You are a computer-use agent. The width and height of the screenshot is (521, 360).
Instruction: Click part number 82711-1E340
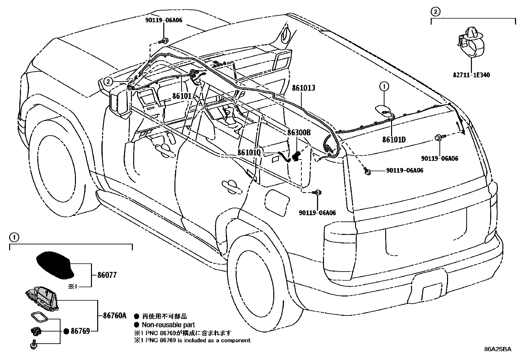pos(471,75)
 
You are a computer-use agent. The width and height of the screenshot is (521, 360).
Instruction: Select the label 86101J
pos(304,88)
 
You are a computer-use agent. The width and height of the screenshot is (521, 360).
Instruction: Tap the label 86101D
pos(394,140)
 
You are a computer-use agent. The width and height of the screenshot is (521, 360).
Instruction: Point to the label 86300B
pos(299,133)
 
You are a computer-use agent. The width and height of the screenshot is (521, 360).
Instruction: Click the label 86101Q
pos(249,153)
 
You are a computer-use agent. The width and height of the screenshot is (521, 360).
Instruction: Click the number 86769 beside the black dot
pos(80,331)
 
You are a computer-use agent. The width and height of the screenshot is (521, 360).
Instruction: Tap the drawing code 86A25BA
pos(497,349)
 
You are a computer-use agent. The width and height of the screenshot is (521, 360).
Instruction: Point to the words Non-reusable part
pos(168,325)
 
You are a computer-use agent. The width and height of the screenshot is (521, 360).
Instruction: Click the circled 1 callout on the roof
pos(384,86)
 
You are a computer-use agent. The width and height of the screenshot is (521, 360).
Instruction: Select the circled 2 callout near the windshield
pos(109,81)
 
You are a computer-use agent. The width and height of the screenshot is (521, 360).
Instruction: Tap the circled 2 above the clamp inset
pos(435,12)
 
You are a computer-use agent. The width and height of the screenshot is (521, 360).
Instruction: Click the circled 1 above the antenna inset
pos(13,237)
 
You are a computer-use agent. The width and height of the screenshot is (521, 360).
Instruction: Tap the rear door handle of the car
pos(232,185)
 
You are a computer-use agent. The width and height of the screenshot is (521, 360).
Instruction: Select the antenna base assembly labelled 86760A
pos(43,297)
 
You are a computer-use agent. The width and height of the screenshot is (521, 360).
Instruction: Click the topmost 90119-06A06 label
pos(164,20)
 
